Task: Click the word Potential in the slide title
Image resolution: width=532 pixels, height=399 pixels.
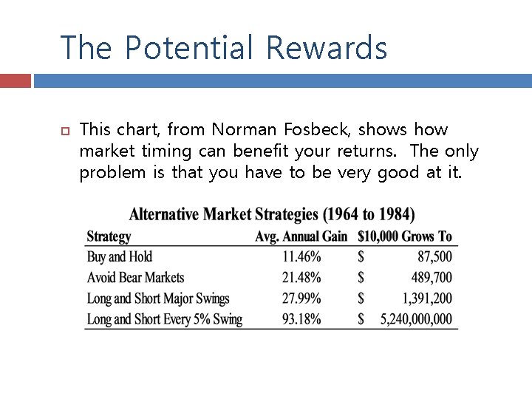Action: (188, 48)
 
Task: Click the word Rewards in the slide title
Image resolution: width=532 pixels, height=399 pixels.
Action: (326, 48)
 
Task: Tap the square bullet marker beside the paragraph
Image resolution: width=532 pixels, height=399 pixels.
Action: (64, 131)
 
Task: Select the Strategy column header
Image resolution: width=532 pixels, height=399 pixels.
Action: (109, 236)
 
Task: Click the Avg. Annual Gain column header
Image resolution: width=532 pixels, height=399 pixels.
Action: (301, 236)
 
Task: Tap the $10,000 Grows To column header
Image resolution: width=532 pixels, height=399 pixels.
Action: (404, 236)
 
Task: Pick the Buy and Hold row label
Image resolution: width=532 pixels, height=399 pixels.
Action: (120, 257)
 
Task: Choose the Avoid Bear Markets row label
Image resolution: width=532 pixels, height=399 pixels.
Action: (135, 278)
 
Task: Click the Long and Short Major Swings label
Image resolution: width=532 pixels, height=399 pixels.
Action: (158, 299)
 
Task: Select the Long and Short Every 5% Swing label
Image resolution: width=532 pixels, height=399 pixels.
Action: (164, 319)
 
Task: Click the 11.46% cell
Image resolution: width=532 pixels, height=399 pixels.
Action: (301, 257)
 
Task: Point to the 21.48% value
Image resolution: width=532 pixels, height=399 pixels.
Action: (301, 278)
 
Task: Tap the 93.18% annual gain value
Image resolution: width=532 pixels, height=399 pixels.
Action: (301, 319)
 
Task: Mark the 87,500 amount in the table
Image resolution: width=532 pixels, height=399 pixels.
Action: (434, 257)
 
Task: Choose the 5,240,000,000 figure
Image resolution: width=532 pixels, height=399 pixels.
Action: (415, 319)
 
